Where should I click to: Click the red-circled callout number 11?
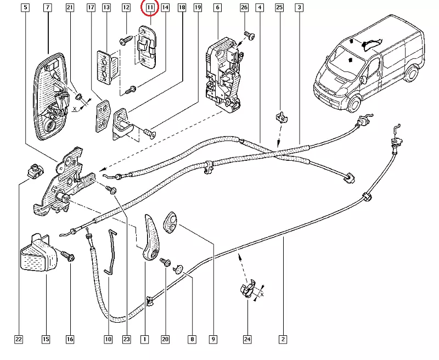pos(149,8)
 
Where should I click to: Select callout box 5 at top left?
pos(25,8)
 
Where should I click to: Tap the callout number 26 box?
pos(244,8)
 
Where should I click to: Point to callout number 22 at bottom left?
pos(19,340)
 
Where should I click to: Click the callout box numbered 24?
pos(246,340)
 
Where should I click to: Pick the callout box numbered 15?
pos(46,340)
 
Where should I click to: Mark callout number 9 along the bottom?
pos(212,340)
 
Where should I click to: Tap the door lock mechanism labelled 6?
pos(224,74)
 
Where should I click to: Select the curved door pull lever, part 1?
pos(150,236)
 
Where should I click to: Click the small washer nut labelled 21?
pos(78,98)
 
